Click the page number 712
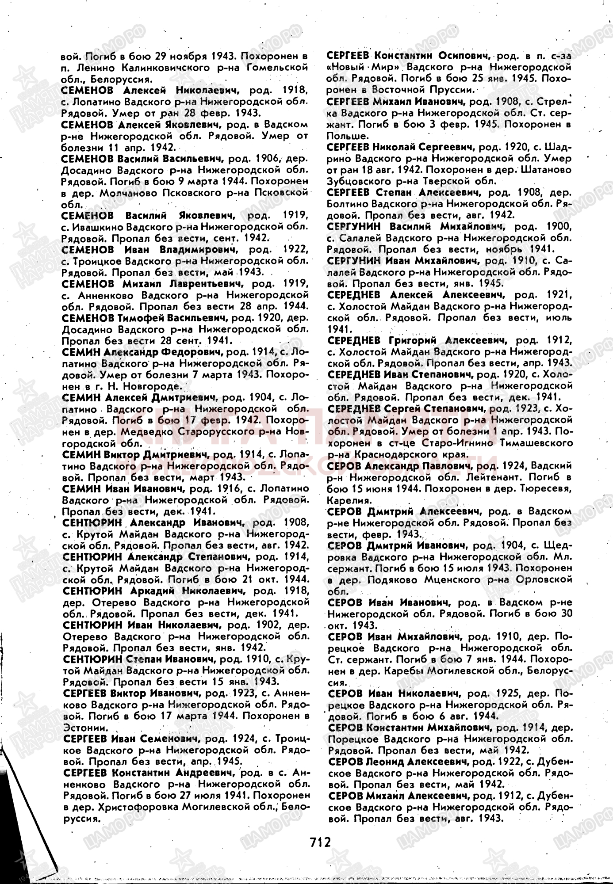[320, 842]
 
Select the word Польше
[347, 136]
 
